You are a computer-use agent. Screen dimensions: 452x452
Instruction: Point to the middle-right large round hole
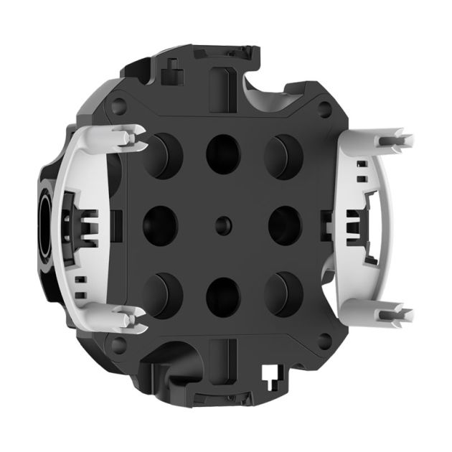(x=284, y=223)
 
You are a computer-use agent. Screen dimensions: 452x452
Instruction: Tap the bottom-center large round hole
(x=222, y=292)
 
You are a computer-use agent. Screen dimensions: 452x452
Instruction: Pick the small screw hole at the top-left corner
(x=119, y=105)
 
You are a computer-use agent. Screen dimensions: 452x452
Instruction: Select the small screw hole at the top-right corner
(x=326, y=108)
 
